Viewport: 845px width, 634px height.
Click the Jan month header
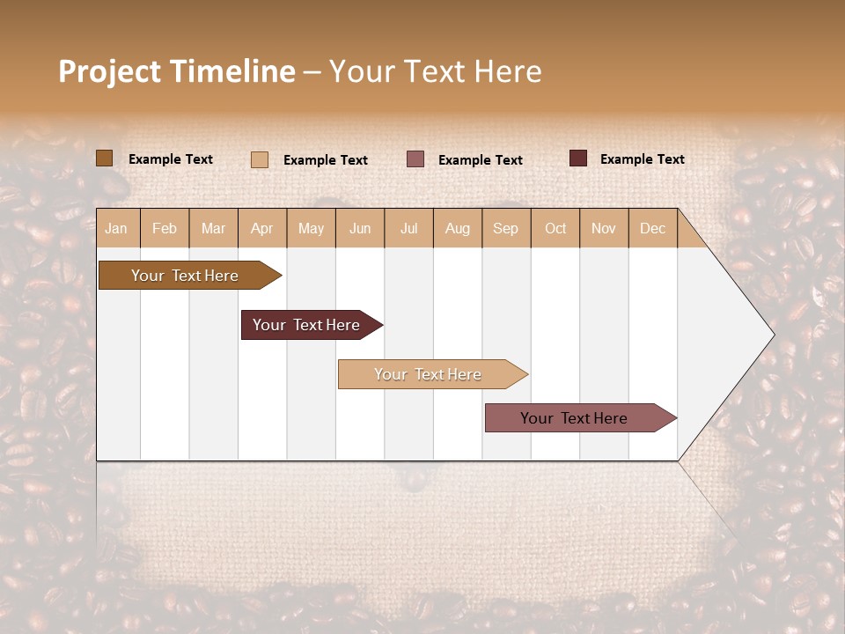point(116,229)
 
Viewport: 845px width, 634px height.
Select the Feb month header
point(165,229)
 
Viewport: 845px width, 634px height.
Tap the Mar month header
point(213,229)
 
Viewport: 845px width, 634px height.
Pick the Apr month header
point(262,229)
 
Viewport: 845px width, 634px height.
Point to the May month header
point(311,229)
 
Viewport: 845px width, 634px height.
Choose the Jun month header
point(360,229)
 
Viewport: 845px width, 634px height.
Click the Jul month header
point(408,229)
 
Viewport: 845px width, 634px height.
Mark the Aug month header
point(458,229)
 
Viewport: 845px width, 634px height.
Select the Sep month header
point(506,229)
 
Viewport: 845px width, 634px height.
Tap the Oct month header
point(555,229)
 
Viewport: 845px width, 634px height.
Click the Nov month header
point(604,229)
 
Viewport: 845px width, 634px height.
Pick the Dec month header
point(653,229)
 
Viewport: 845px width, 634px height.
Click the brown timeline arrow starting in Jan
point(186,276)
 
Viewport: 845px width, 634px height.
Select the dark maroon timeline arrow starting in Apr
point(307,325)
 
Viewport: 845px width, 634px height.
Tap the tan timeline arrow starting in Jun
point(429,374)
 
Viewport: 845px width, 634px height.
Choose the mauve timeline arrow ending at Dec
point(575,418)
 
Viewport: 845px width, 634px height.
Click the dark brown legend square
point(105,158)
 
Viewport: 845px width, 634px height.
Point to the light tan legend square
point(260,159)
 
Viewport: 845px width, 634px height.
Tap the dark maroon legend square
point(578,158)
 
